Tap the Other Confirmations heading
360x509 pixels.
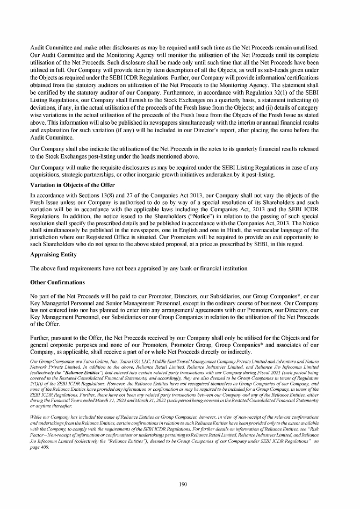point(58,282)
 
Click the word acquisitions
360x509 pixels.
point(48,175)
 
